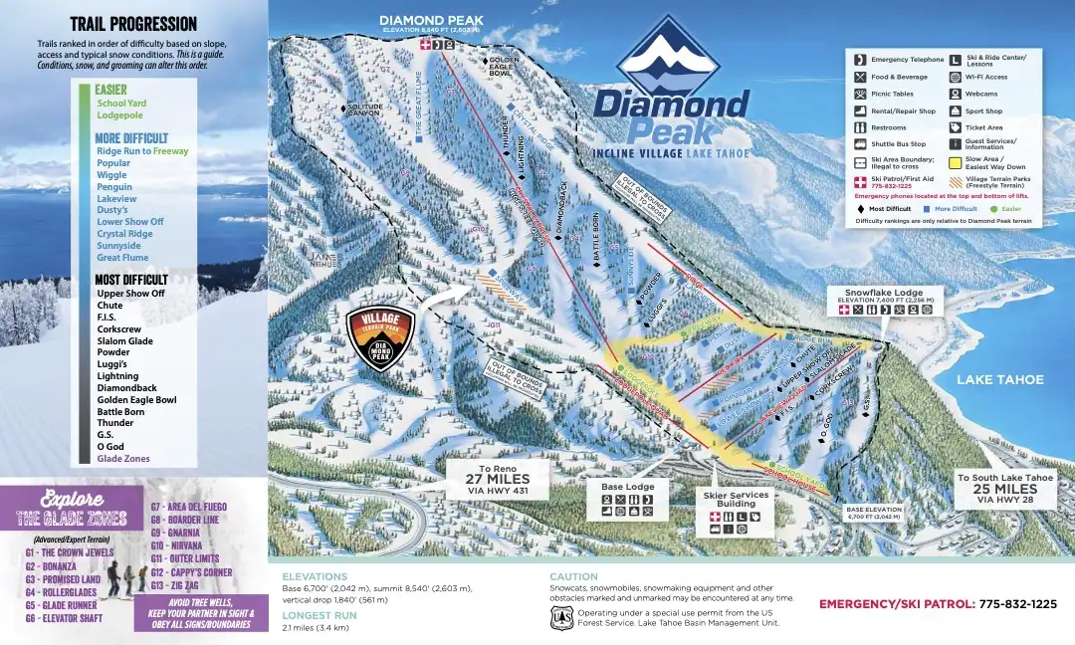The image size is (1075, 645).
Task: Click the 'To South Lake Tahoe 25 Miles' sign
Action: (1004, 488)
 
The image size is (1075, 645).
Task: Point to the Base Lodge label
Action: (628, 487)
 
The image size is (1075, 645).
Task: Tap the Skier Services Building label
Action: (736, 499)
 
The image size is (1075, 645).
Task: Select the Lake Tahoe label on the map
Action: (1000, 379)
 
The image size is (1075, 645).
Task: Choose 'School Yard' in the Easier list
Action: (121, 103)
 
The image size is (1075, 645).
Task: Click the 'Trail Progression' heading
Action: (133, 24)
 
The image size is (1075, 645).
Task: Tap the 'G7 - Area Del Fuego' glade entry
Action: (188, 507)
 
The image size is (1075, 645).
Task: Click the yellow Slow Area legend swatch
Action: (957, 161)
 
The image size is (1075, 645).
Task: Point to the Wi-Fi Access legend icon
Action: (956, 77)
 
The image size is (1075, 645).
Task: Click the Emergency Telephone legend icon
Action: (861, 60)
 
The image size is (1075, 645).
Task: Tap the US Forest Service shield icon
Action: (561, 618)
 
